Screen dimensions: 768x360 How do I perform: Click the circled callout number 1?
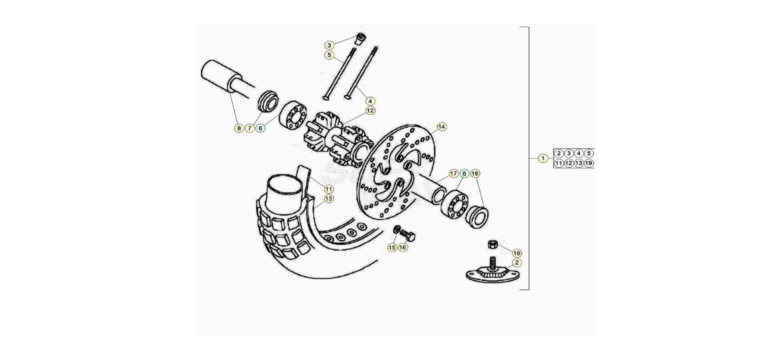542,158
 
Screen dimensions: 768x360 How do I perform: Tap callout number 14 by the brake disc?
441,127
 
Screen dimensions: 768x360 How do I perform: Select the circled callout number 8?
239,128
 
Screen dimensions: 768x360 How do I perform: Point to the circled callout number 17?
453,174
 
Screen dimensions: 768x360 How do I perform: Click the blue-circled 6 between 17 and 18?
464,174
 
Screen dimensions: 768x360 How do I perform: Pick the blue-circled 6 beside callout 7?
260,128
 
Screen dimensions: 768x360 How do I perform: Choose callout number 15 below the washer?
392,248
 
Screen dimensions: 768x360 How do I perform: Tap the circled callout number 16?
402,248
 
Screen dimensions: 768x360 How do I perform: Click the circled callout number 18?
475,174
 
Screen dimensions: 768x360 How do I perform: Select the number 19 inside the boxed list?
588,163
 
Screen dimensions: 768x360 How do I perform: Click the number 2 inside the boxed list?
559,153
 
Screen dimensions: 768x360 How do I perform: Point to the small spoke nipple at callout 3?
361,39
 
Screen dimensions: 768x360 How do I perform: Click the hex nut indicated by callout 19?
493,244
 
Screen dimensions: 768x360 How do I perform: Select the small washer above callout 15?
397,230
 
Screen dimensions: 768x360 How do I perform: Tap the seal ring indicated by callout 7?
267,102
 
